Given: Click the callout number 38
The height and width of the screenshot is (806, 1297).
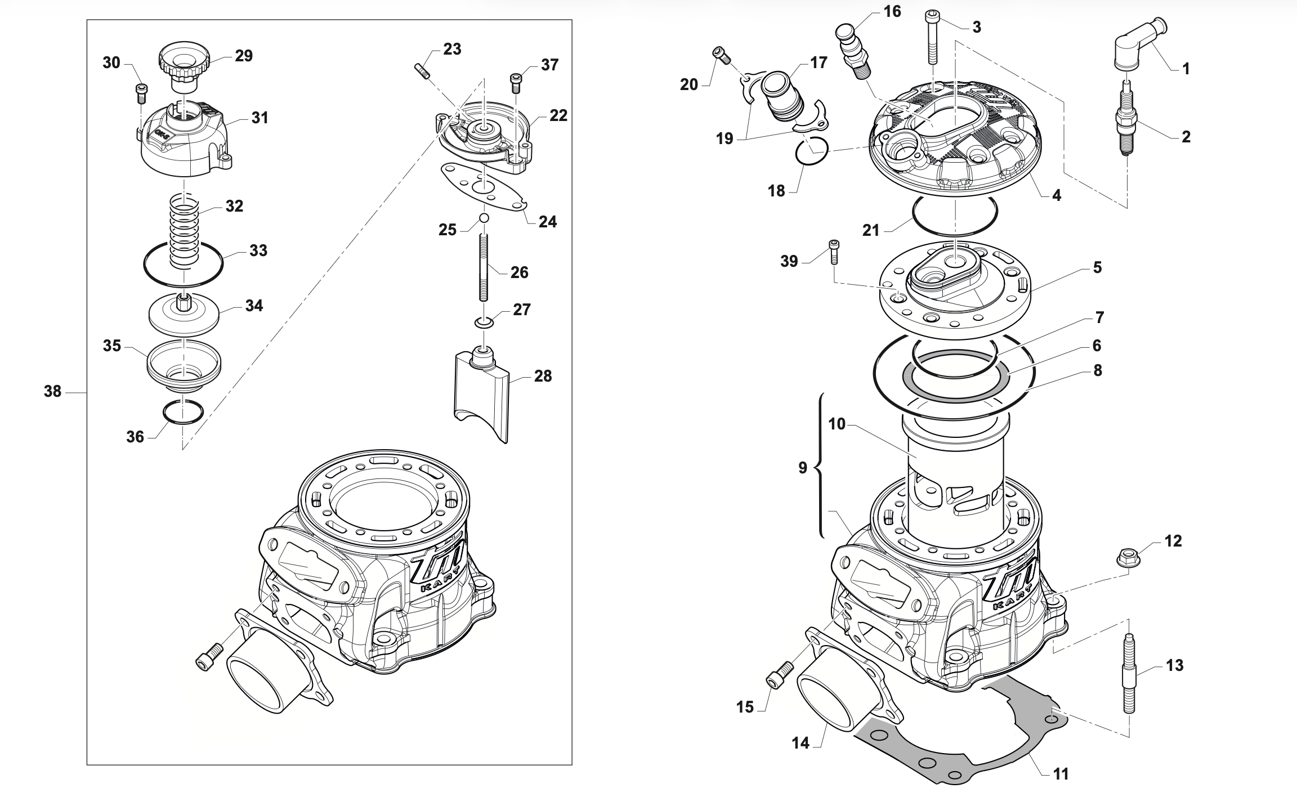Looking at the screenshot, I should coord(52,391).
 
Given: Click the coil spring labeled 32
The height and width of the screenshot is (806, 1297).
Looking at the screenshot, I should coord(185,231).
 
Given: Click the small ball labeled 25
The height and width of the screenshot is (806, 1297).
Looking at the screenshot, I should coord(484,218).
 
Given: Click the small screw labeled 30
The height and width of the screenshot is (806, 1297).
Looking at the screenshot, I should coord(141,94).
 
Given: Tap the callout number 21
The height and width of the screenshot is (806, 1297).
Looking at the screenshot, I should coord(871,230).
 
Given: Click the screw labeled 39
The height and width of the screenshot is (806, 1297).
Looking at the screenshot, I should coord(834,252).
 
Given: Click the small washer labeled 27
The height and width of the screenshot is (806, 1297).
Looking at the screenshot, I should coord(483,323).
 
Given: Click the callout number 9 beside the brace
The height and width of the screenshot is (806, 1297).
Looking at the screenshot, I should coord(803,468).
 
